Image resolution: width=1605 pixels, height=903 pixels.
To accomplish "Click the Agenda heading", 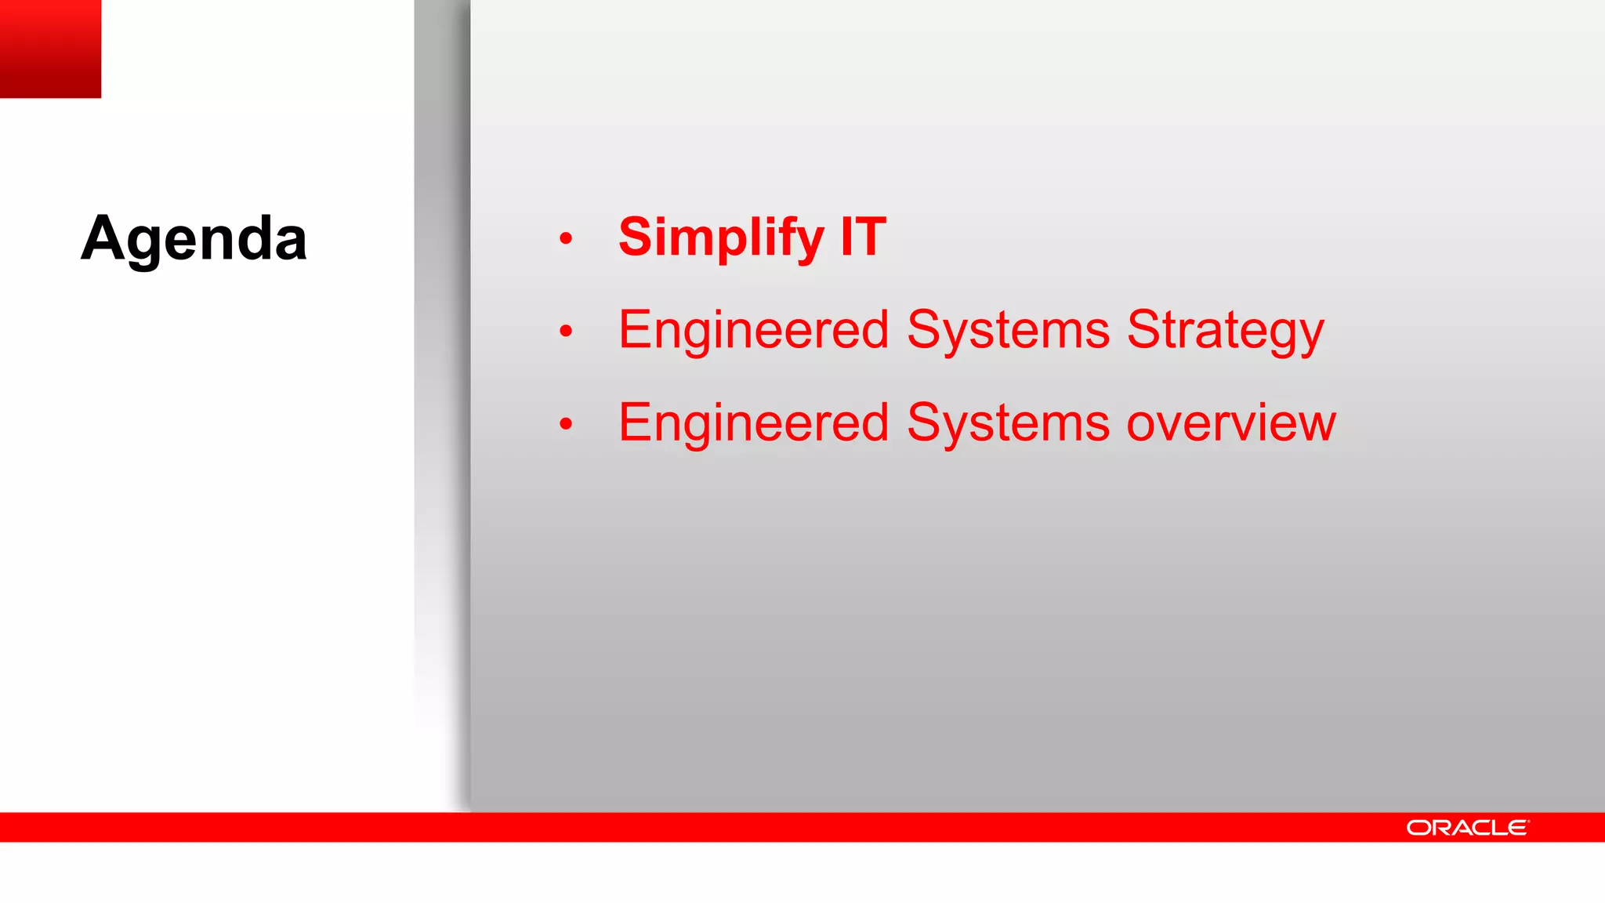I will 194,238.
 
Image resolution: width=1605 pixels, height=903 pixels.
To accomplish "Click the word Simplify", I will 720,237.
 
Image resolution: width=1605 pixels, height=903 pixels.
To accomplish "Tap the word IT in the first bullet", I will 863,237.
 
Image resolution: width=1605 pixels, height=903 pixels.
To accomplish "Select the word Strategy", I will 1225,330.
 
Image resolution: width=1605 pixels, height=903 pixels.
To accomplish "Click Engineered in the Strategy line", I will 753,330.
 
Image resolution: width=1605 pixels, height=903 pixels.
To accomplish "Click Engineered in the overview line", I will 753,422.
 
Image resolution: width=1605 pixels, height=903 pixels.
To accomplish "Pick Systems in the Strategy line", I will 1008,330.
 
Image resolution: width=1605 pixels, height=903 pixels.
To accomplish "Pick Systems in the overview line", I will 1008,422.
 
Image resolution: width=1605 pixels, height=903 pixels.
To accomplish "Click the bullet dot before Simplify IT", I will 566,238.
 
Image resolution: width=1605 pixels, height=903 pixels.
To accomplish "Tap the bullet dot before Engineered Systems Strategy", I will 566,332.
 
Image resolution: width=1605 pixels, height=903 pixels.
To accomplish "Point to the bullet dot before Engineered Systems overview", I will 566,424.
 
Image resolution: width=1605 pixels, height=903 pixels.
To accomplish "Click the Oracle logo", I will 1466,828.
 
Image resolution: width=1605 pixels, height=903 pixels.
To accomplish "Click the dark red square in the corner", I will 50,49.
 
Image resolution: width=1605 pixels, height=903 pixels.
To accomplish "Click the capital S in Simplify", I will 636,237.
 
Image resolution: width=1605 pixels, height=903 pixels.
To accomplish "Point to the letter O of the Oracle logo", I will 1418,828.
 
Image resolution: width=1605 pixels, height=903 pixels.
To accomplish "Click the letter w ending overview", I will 1313,424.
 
